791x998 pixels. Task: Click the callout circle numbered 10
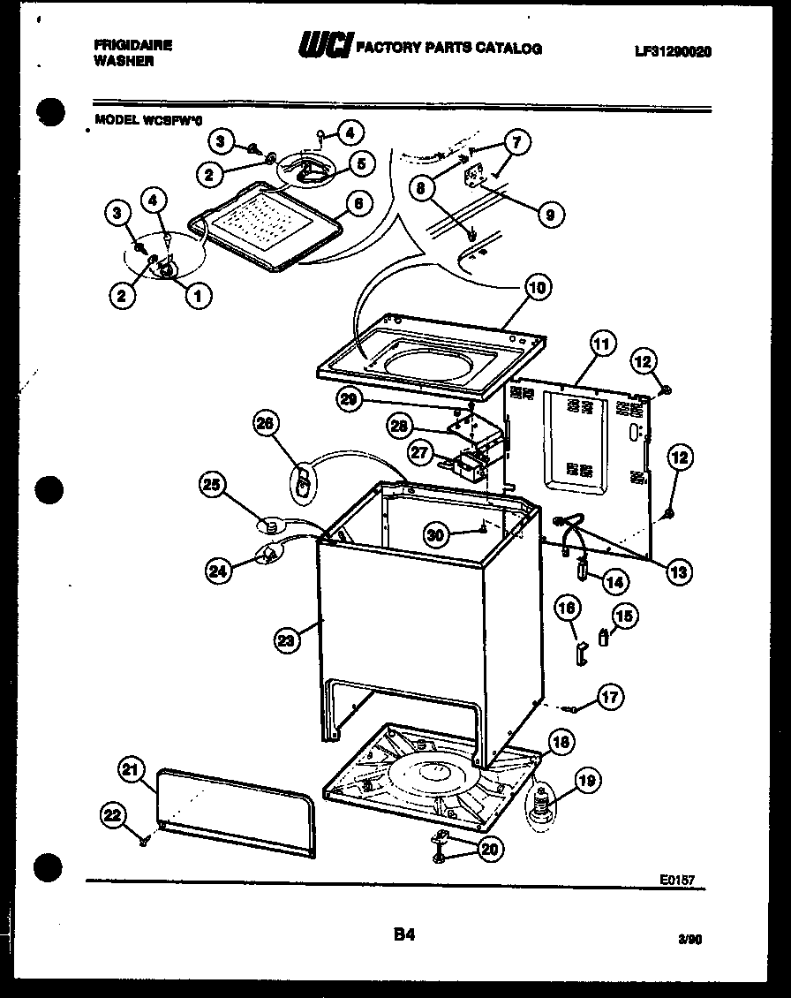coord(538,286)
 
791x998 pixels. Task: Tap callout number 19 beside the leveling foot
coord(586,779)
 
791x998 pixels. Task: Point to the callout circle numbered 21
coord(132,772)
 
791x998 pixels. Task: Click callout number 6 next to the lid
coord(357,202)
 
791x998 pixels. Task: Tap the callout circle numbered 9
coord(550,213)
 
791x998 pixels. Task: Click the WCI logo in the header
coord(325,46)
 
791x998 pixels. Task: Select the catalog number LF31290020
coord(672,52)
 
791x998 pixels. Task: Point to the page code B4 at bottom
coord(403,934)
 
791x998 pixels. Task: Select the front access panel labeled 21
coord(237,813)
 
